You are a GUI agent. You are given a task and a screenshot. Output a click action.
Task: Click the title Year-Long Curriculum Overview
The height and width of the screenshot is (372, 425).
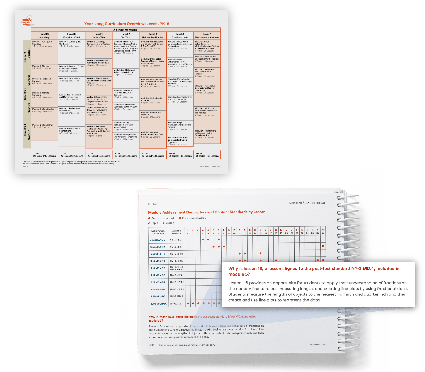coord(127,24)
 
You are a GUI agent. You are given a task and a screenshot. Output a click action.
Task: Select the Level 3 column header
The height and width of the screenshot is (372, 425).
coord(153,36)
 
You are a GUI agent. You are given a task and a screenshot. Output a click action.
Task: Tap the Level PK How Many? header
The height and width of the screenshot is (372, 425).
coord(44,36)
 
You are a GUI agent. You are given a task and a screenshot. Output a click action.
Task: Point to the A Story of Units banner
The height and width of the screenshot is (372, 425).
coord(126,30)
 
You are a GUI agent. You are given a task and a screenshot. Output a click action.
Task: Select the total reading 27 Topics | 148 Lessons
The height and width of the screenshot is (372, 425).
coord(153,156)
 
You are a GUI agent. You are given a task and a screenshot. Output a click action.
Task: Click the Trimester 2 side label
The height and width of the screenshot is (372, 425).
coord(25,94)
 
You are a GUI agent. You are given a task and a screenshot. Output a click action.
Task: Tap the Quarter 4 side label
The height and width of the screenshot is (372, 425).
coord(29,134)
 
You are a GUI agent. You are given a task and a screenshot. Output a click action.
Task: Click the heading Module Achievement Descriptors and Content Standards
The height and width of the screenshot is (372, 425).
coord(207,212)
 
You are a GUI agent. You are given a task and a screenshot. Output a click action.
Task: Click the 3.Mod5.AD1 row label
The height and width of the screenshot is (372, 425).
coord(158,240)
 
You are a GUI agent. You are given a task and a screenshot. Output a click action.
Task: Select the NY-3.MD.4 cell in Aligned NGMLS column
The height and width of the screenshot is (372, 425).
coord(176,297)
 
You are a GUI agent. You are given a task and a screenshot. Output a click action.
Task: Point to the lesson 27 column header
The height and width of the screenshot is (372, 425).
coord(323,231)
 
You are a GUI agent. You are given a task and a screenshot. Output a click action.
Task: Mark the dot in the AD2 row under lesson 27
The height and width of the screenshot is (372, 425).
coord(323,246)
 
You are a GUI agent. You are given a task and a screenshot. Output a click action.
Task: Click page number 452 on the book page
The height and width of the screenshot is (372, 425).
coord(151,345)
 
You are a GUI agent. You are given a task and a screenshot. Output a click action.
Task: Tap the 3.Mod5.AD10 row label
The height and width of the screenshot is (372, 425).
coord(159,303)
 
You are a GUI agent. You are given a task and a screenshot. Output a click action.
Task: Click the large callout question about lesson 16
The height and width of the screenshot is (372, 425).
coord(314,271)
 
